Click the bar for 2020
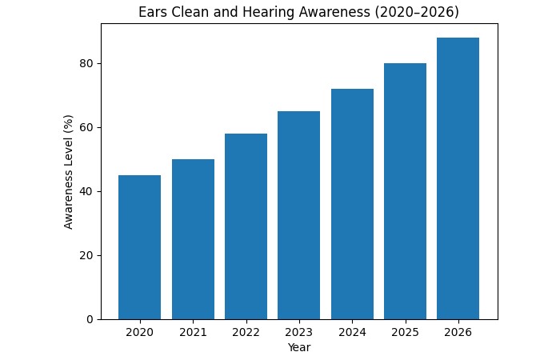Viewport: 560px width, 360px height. point(139,247)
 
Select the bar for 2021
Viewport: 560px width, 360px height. point(193,239)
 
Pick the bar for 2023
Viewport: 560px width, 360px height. point(298,215)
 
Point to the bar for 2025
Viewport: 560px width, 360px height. point(405,191)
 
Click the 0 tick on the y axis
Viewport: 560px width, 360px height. point(90,320)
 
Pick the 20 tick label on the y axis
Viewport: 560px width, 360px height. point(87,256)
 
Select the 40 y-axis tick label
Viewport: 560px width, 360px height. point(87,192)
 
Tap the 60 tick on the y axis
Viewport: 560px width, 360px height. point(87,128)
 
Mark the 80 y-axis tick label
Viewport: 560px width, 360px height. point(87,64)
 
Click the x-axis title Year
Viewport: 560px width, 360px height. point(298,348)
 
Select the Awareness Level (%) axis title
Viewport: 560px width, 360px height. point(69,172)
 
